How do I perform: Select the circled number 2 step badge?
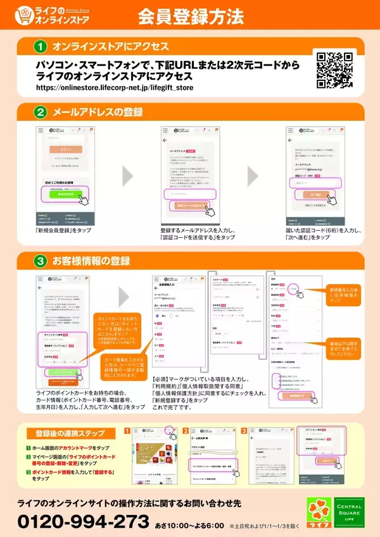[41, 113]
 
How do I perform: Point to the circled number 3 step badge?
[41, 261]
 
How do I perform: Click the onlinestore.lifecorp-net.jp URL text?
[115, 87]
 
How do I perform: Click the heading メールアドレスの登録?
[98, 113]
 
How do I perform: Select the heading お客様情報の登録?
[91, 261]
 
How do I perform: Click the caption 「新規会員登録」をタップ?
[63, 231]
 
